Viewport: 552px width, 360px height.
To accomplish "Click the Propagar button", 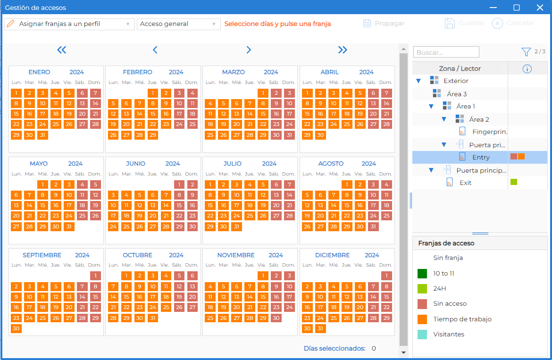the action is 384,23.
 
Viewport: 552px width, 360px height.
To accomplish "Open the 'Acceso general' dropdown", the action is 178,24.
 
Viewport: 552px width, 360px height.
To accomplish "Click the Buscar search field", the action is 446,52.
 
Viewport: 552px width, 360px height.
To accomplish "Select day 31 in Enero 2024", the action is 42,135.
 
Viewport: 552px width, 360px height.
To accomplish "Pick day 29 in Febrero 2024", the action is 153,135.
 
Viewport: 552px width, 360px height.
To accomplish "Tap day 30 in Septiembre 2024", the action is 16,328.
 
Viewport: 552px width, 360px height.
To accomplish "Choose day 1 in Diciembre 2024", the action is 386,276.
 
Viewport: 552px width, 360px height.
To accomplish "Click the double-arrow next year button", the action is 343,50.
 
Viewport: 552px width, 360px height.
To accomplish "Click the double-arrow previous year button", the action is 62,50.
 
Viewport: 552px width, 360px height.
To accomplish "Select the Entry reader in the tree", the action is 481,157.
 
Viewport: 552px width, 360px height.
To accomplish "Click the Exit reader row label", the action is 465,183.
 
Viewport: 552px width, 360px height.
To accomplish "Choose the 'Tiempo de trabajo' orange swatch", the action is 422,319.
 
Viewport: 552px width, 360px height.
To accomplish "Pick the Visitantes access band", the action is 449,335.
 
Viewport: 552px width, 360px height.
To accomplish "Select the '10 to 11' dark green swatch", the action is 422,274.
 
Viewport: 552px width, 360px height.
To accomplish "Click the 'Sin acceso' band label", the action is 450,304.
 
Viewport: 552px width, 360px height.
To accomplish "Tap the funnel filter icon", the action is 526,52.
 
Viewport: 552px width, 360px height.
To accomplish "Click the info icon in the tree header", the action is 527,69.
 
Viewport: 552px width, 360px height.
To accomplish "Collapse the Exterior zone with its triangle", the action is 418,81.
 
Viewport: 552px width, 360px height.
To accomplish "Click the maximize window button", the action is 517,8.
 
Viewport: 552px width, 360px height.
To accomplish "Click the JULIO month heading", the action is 232,164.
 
